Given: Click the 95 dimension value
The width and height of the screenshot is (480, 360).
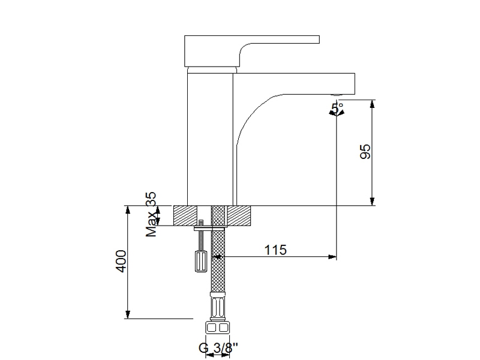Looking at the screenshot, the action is pyautogui.click(x=365, y=152).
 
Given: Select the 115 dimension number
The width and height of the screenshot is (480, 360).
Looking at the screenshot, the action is pyautogui.click(x=275, y=250).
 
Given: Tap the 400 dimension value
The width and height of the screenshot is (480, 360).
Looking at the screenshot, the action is pyautogui.click(x=121, y=261).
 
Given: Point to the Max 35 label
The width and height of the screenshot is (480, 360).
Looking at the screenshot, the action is pyautogui.click(x=151, y=214).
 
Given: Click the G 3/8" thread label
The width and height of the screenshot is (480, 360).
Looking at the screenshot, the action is pyautogui.click(x=218, y=348).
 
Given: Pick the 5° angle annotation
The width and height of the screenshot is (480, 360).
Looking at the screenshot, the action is pyautogui.click(x=337, y=109).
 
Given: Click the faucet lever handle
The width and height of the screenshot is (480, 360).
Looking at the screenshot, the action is pyautogui.click(x=251, y=51).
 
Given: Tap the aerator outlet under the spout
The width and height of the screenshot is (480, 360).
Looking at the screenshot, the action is pyautogui.click(x=337, y=95).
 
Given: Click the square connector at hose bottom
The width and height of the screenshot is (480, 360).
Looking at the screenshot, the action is pyautogui.click(x=218, y=328).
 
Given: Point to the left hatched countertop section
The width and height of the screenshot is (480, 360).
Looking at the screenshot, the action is pyautogui.click(x=185, y=216).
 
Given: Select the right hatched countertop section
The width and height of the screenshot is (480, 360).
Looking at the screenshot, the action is pyautogui.click(x=239, y=216).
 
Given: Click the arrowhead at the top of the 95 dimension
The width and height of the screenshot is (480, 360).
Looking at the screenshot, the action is pyautogui.click(x=372, y=104).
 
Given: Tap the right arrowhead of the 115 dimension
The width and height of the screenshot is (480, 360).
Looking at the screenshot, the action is pyautogui.click(x=332, y=257).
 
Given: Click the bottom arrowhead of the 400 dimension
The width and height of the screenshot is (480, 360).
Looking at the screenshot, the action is pyautogui.click(x=128, y=314).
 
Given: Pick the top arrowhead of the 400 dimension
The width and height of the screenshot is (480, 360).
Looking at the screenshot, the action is pyautogui.click(x=128, y=210).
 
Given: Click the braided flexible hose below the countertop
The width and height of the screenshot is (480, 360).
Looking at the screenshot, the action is pyautogui.click(x=218, y=260).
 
